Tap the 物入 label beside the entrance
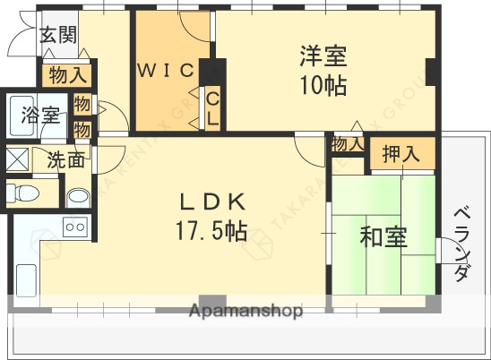pos(67,74)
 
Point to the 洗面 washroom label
pos(66,161)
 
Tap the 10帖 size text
pos(323,86)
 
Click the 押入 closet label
pos(401,153)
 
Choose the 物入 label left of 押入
pos(347,144)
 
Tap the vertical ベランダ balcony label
pos(461,244)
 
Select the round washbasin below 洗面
pos(78,196)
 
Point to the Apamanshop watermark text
pos(245,313)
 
